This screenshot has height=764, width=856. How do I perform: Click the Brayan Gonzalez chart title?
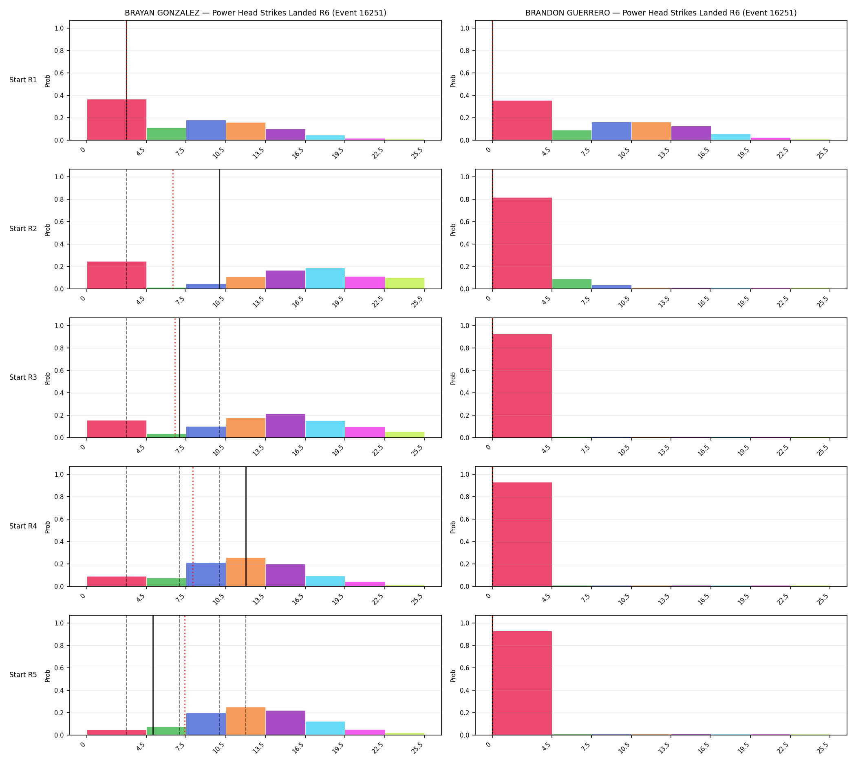tap(255, 13)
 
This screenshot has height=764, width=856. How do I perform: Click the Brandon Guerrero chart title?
tap(661, 13)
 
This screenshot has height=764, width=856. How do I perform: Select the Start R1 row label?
tap(23, 80)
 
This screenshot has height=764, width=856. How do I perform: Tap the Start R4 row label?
tap(23, 526)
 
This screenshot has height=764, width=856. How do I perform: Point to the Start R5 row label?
tap(23, 675)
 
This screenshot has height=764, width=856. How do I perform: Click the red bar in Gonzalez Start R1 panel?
tap(117, 120)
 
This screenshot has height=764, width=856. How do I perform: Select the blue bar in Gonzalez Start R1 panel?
tap(206, 130)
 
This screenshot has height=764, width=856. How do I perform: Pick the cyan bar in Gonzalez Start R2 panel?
tap(325, 278)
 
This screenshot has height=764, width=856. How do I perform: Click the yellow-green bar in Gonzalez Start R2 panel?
tap(404, 283)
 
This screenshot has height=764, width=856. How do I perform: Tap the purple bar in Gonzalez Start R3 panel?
tap(285, 426)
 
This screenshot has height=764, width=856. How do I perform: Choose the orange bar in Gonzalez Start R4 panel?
tap(246, 572)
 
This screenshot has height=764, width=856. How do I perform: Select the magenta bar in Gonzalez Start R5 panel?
tap(365, 732)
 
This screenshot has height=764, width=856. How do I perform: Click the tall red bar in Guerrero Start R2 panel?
tap(522, 243)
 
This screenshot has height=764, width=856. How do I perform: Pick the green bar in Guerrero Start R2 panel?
tap(571, 284)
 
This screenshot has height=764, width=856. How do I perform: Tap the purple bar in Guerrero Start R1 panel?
tap(691, 133)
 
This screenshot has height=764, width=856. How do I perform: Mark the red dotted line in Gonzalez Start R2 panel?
tap(173, 229)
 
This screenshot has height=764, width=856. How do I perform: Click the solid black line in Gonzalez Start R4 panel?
tap(246, 526)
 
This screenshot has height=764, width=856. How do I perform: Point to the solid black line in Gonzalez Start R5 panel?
tap(153, 675)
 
